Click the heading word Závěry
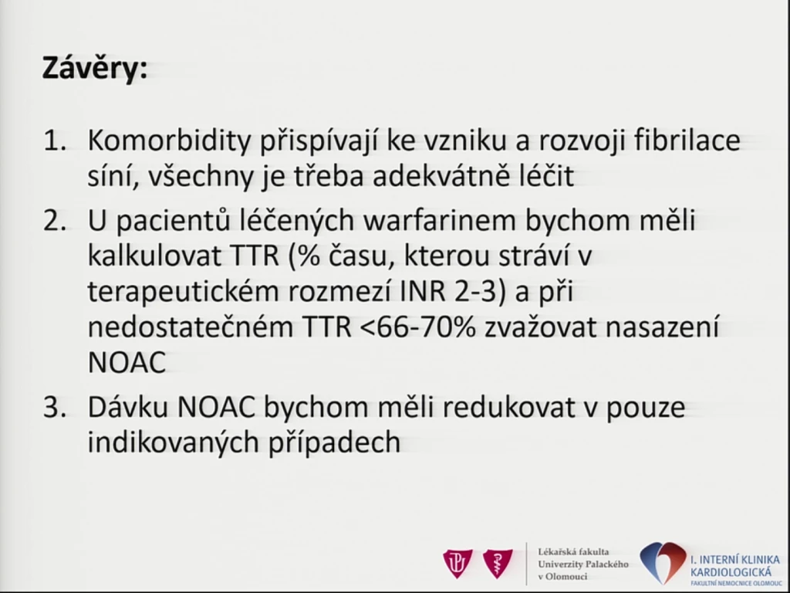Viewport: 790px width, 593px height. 95,68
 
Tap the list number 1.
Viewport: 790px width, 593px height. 55,141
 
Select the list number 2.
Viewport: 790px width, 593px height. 55,222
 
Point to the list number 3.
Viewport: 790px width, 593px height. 55,408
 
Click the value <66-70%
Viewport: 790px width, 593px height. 418,327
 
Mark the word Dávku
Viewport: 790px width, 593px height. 128,407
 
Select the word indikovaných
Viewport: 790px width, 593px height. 172,442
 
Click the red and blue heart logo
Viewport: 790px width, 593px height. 663,562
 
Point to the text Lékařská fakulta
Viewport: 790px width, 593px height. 573,551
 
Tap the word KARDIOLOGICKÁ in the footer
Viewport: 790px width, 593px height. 731,572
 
